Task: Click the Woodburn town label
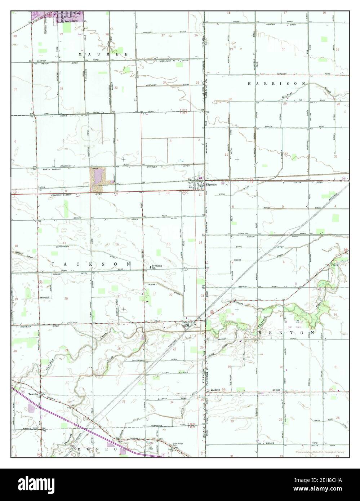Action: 76,21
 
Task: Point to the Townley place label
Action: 34,394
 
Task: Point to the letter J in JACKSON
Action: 53,264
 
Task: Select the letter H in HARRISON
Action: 249,83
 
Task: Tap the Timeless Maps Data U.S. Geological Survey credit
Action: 320,452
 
